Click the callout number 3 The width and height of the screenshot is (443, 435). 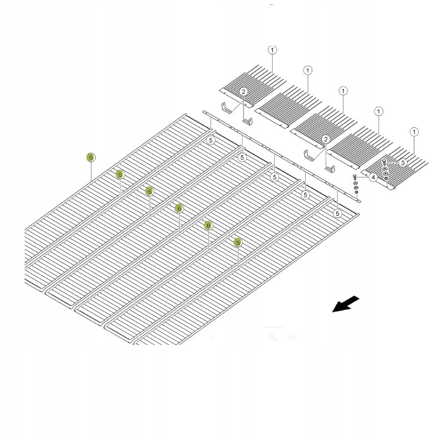[x=403, y=163]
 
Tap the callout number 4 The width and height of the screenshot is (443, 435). [x=373, y=177]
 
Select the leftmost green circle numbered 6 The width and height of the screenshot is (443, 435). [x=91, y=157]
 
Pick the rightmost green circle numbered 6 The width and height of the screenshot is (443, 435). [x=238, y=243]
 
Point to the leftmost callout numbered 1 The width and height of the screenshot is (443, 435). [x=272, y=50]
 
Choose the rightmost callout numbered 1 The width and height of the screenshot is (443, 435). [x=414, y=132]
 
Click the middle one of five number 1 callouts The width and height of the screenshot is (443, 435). [x=343, y=91]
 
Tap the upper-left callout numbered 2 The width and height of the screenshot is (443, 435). [x=243, y=91]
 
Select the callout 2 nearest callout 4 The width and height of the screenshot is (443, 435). [x=326, y=139]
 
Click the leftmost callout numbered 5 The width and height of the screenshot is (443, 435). [x=212, y=140]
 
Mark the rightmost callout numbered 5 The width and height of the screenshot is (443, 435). [x=337, y=213]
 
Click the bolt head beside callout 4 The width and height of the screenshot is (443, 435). [x=355, y=177]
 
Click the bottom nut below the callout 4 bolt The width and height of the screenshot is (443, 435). [x=357, y=192]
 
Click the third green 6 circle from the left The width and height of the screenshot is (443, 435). [x=149, y=191]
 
